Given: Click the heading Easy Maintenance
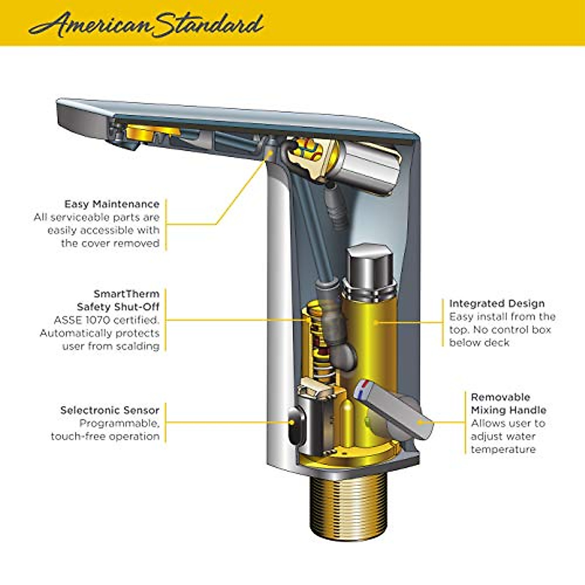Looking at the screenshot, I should pos(112,204).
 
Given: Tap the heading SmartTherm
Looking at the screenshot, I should pos(126,294).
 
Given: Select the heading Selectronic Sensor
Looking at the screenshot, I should pos(110,410).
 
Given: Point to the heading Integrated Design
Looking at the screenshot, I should pos(497,303).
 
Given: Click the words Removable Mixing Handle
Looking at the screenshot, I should pos(508,404).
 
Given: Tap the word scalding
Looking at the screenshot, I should pos(137,346).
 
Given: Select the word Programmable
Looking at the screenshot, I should pos(119,423).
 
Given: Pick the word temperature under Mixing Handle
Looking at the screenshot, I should pos(503,449).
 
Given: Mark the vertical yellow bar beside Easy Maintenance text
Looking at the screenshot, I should pos(166,224).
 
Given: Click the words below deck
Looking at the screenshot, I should pos(479,343).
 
